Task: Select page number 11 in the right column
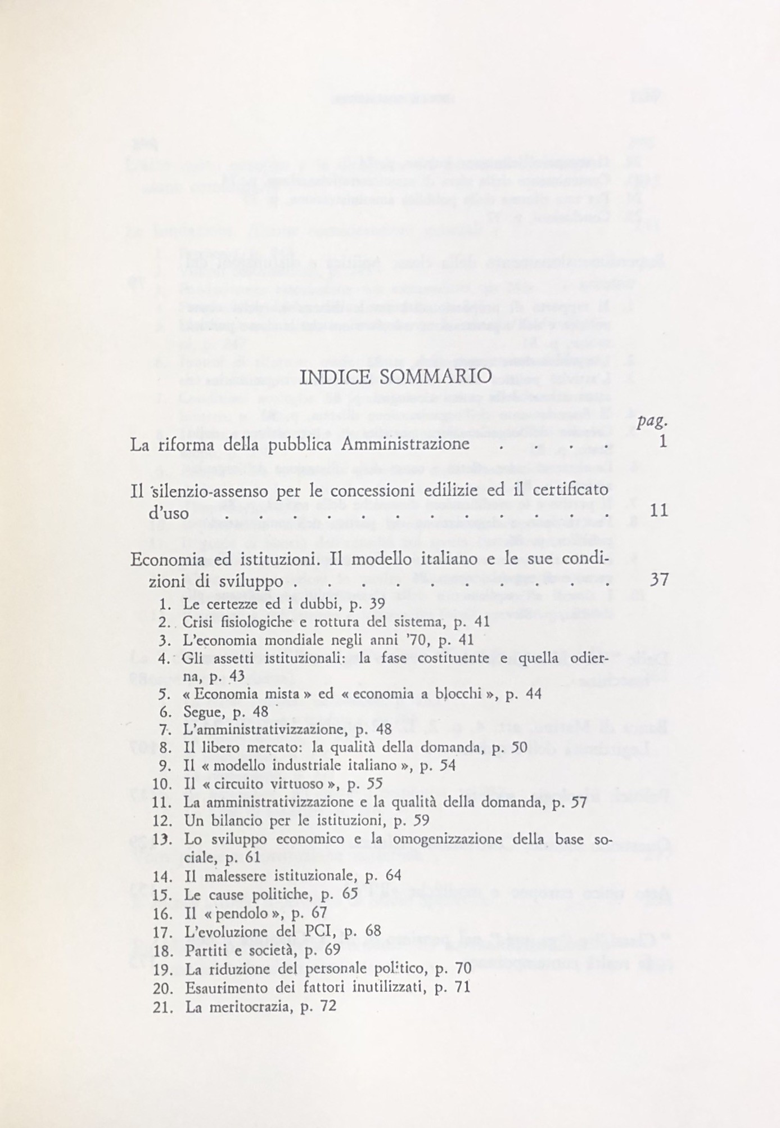[658, 510]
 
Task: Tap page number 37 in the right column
[658, 579]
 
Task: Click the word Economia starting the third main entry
[163, 560]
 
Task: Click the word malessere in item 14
[234, 876]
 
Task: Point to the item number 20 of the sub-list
[161, 987]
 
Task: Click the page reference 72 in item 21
[328, 1006]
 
